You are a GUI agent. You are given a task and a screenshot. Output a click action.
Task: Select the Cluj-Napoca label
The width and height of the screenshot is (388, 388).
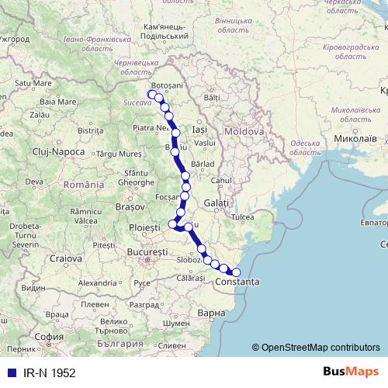coord(57,151)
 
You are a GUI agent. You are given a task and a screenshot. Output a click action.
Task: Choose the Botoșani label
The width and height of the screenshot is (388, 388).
coord(166,85)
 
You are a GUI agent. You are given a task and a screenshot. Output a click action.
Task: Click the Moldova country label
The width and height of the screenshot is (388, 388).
coord(244,132)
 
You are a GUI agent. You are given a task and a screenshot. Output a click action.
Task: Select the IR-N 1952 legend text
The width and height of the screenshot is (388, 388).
coord(48,372)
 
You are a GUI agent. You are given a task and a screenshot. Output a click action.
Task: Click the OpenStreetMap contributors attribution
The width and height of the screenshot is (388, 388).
coord(316,348)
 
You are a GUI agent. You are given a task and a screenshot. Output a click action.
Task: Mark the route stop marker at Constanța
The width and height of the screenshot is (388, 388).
coord(236,272)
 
